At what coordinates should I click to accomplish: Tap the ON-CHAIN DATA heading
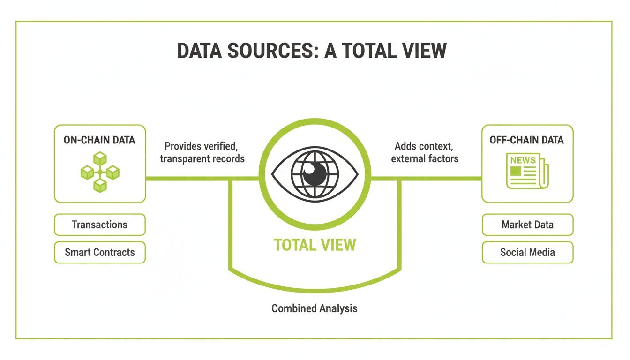click(99, 140)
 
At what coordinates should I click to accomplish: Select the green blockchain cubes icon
click(99, 172)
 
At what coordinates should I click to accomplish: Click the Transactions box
click(99, 225)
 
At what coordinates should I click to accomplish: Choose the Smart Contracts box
click(99, 252)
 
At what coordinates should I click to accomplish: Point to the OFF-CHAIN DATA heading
click(527, 140)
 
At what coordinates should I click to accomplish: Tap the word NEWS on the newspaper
click(523, 160)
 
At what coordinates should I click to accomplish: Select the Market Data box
click(527, 225)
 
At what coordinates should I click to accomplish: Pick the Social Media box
click(527, 252)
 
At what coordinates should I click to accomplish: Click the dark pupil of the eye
click(315, 175)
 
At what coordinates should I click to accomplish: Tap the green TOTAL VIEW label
click(315, 245)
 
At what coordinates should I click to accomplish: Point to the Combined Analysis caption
click(315, 308)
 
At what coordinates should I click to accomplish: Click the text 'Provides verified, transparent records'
click(202, 152)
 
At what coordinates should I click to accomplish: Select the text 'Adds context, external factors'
click(425, 152)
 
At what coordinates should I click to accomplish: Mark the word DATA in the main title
click(201, 50)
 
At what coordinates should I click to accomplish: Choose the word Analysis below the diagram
click(337, 308)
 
